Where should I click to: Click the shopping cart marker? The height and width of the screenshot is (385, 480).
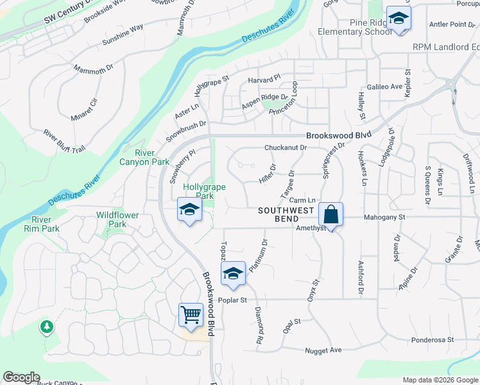pyautogui.click(x=191, y=315)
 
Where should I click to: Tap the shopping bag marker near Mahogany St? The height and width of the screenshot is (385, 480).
pyautogui.click(x=330, y=214)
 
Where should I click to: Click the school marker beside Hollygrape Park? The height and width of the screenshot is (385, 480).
pyautogui.click(x=189, y=210)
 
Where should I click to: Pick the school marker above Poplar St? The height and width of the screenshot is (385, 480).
pyautogui.click(x=233, y=274)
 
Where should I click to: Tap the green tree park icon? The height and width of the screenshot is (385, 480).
pyautogui.click(x=46, y=327)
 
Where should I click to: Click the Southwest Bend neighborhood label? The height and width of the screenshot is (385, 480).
pyautogui.click(x=286, y=215)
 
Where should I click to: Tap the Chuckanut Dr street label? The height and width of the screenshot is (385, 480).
pyautogui.click(x=286, y=148)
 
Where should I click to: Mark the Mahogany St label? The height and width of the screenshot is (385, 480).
pyautogui.click(x=385, y=218)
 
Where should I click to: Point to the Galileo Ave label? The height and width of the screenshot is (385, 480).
pyautogui.click(x=384, y=87)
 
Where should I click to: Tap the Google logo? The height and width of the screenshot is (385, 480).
pyautogui.click(x=21, y=377)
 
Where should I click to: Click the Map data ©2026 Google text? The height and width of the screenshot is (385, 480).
pyautogui.click(x=440, y=380)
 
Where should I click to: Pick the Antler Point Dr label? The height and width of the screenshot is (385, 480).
pyautogui.click(x=448, y=24)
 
